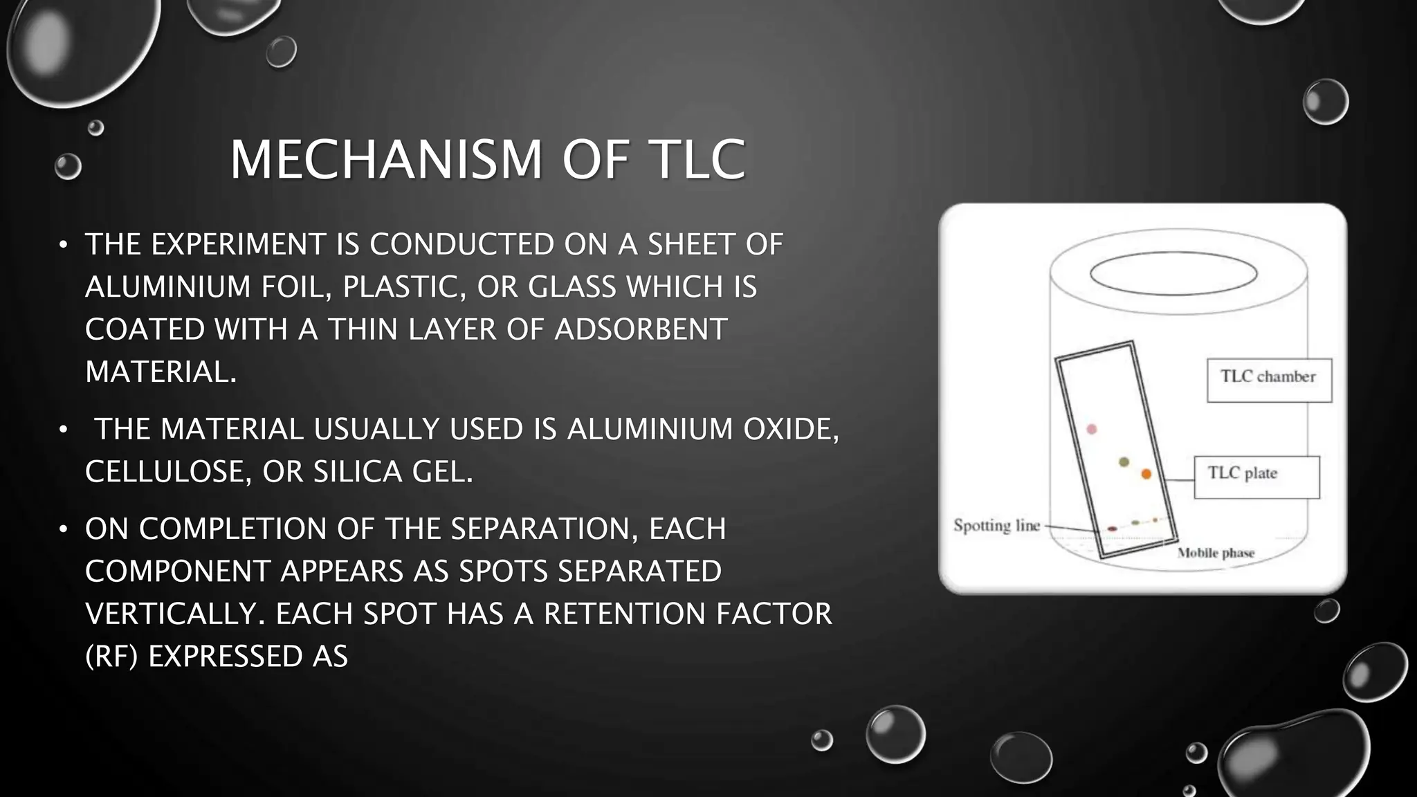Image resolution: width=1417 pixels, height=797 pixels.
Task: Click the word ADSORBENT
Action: pos(641,329)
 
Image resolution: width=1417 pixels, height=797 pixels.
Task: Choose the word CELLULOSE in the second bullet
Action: pos(168,472)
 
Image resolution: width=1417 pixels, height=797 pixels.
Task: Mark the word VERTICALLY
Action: pos(175,614)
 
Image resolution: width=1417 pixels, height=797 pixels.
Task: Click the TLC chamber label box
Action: pos(1269,380)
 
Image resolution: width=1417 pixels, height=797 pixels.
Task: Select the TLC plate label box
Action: pos(1256,477)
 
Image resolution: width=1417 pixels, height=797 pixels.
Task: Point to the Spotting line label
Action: pos(996,526)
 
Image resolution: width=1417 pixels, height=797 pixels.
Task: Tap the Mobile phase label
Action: pos(1216,553)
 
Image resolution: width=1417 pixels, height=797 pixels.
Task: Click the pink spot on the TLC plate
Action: pos(1092,430)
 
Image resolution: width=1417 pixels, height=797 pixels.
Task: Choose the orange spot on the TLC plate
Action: pos(1146,474)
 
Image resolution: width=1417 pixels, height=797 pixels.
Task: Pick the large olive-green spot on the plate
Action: pos(1124,461)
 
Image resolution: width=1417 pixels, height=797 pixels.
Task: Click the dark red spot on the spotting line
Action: pos(1112,529)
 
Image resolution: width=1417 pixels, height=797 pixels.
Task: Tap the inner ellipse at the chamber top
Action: pos(1173,275)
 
